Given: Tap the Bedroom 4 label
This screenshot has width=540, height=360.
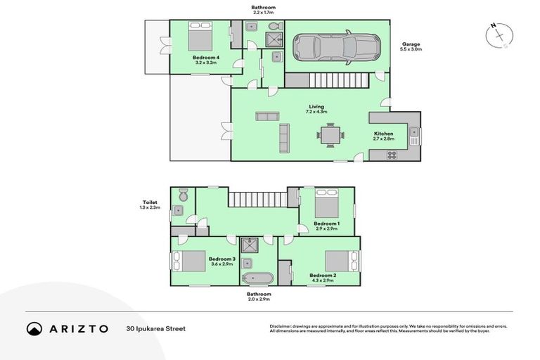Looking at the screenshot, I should click(x=207, y=59).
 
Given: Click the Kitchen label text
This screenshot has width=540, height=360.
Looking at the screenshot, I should click(x=383, y=134).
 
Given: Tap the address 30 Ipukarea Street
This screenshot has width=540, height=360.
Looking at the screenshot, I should click(x=156, y=328).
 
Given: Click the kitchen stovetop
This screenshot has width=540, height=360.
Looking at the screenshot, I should click(x=391, y=156).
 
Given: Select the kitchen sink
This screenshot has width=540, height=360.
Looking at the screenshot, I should click(x=414, y=132).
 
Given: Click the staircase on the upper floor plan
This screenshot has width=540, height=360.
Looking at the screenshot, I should click(x=257, y=200).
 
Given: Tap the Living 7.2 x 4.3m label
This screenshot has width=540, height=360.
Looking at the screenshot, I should click(x=316, y=109).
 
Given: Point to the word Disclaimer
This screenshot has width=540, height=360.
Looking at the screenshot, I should click(x=283, y=326).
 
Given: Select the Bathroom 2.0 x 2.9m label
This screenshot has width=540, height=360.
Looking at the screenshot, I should click(x=258, y=297).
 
